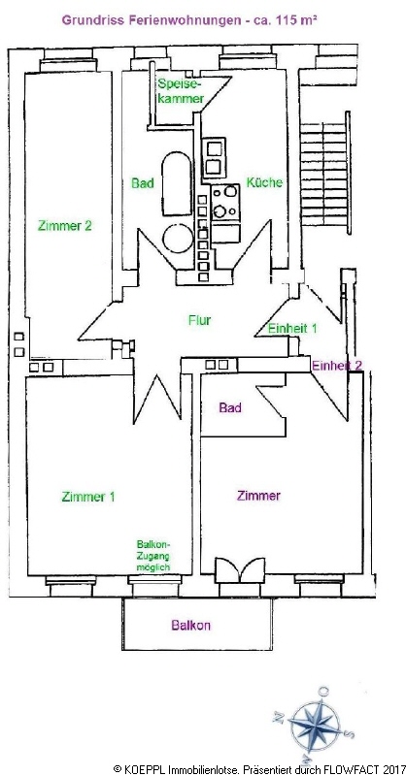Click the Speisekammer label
[181, 90]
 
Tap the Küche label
[264, 182]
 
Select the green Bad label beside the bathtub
[142, 183]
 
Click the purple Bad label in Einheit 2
[230, 407]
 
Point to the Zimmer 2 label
[65, 226]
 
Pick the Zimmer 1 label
[88, 497]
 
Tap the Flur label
[200, 320]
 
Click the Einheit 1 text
[292, 328]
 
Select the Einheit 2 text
[337, 366]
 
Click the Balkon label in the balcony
[190, 625]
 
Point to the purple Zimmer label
[258, 496]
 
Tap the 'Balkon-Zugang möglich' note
[153, 555]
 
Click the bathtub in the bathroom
[177, 183]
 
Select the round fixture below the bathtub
[178, 238]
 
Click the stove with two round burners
[225, 203]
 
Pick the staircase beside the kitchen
[325, 173]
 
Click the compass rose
[315, 726]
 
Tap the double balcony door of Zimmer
[240, 570]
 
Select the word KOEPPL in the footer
[143, 769]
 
